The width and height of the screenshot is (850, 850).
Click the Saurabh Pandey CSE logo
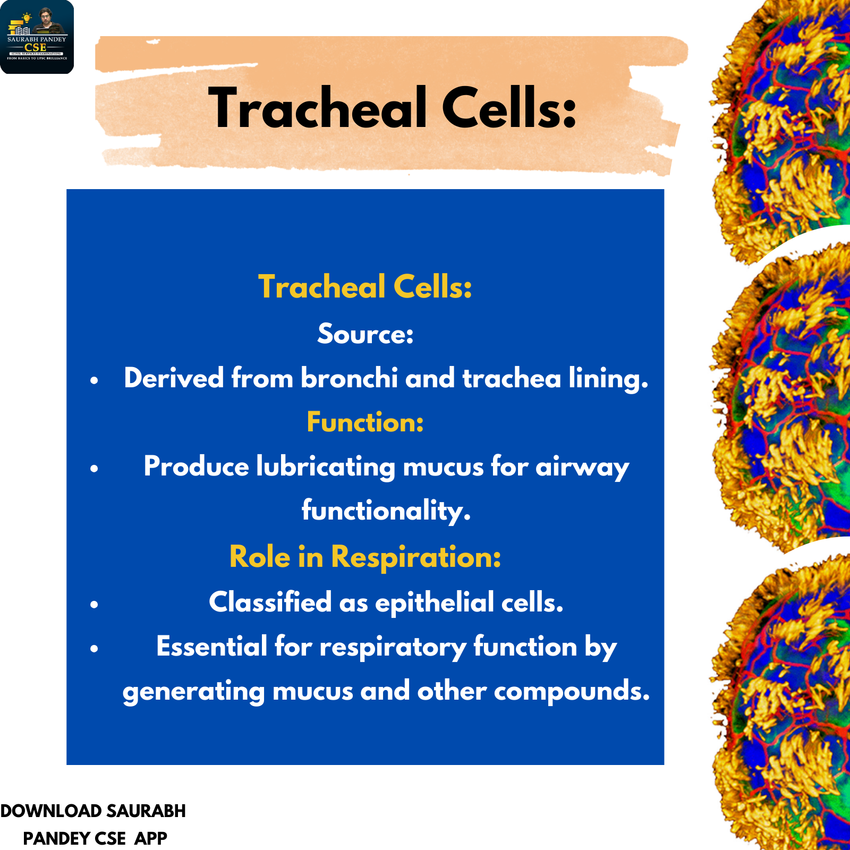click(x=37, y=37)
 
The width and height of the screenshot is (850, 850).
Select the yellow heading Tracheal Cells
click(x=365, y=287)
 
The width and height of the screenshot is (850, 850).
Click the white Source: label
click(x=365, y=334)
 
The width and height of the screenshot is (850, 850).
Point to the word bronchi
click(x=349, y=378)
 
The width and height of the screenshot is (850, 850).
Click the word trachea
click(x=512, y=378)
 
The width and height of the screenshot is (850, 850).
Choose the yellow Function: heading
click(x=365, y=422)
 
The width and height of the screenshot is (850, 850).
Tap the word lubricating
click(x=326, y=467)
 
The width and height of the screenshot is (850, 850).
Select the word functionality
click(x=386, y=511)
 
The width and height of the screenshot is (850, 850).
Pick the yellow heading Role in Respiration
click(x=365, y=557)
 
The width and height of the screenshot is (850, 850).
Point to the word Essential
click(x=211, y=647)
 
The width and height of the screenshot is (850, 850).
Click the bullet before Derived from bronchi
click(x=95, y=380)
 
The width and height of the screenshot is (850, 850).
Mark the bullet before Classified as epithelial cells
click(x=95, y=604)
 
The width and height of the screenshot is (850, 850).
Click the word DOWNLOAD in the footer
click(x=51, y=811)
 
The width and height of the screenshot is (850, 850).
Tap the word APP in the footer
click(x=151, y=838)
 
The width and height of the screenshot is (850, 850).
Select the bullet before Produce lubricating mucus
click(x=95, y=469)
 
